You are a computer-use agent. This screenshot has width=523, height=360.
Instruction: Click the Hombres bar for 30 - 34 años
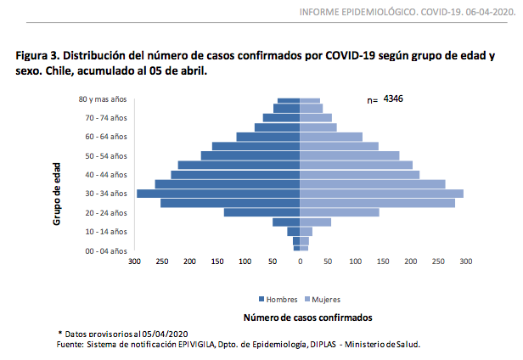218,194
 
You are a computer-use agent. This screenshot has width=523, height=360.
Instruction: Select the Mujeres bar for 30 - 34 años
382,194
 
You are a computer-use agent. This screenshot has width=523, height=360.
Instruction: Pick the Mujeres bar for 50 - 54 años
350,155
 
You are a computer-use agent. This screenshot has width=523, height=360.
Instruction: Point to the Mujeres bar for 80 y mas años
310,101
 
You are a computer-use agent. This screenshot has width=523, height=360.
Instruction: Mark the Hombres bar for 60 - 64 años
268,137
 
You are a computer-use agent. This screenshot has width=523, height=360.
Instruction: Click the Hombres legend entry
278,300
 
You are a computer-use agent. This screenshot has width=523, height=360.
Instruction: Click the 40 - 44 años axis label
107,175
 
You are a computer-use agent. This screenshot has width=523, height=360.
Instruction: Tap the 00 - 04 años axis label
107,251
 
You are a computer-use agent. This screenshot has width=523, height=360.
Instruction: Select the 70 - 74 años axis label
107,117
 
